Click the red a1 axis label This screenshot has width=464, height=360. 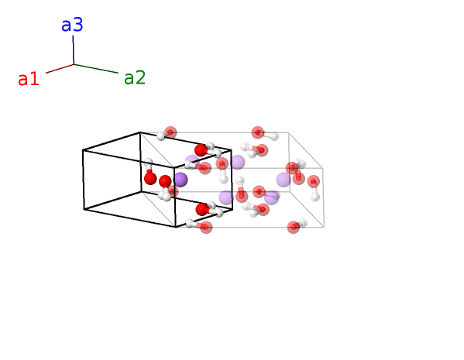coord(29,79)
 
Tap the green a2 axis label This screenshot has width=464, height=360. coord(135,77)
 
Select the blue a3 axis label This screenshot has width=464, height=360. coord(72,25)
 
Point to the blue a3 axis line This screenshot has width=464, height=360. coord(73,50)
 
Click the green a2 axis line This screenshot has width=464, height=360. coord(96,69)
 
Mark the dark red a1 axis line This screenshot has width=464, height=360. coord(60,69)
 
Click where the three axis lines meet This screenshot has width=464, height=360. coord(74,64)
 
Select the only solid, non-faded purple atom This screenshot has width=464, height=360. coord(180,180)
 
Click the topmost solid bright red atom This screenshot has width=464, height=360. coord(201,150)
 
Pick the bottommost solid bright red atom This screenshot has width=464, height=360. coord(202,210)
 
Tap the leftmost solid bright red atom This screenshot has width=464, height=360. coord(150,179)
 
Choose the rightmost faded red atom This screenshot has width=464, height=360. coord(314,181)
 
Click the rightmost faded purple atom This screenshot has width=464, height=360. coord(284,180)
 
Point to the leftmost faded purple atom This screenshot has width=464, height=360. coord(192,162)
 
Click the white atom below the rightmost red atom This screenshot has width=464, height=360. coord(315,197)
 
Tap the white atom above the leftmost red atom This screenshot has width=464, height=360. coord(148,163)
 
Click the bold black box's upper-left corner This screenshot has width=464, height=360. coord(83,150)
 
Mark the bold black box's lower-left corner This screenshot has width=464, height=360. coord(84,210)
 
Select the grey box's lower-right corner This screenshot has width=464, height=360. coord(324,227)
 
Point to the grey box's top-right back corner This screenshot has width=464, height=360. coord(288,132)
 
